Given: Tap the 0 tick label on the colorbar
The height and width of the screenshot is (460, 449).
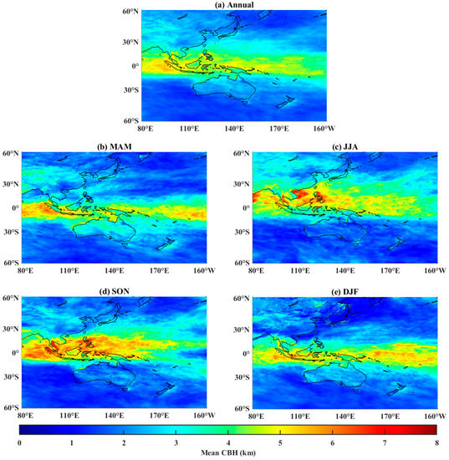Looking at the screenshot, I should click(x=19, y=442).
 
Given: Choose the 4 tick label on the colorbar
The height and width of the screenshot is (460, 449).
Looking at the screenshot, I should click(x=226, y=442).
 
